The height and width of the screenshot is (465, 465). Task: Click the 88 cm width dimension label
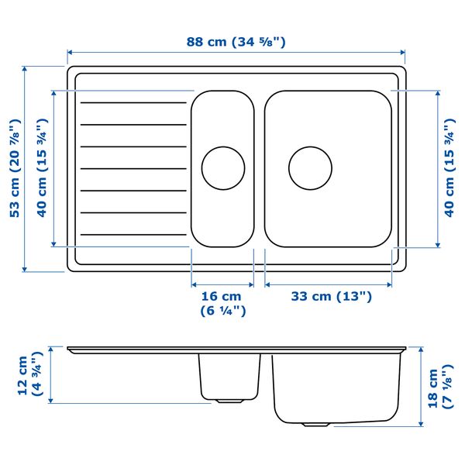(236, 42)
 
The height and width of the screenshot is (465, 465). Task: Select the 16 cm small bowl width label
(222, 303)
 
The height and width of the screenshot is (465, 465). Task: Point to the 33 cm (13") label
(331, 296)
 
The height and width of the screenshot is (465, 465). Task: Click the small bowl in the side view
(229, 376)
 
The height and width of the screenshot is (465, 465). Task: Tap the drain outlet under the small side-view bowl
(228, 401)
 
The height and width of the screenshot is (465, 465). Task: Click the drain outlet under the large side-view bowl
(315, 425)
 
